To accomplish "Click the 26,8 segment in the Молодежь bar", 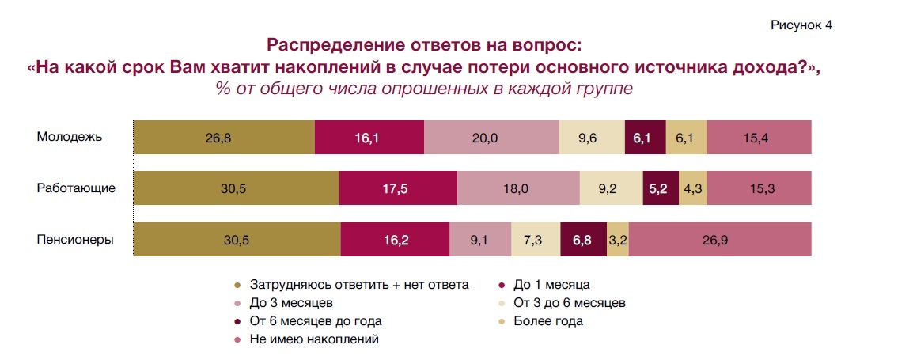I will (223, 138).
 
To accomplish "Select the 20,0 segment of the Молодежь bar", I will (491, 138).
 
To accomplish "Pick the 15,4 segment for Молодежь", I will (759, 138).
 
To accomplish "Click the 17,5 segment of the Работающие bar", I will (398, 188).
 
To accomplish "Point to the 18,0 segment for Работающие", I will (518, 188).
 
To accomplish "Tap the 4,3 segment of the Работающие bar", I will (693, 188).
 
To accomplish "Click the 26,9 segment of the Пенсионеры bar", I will (720, 239).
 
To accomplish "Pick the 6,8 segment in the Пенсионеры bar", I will (583, 239).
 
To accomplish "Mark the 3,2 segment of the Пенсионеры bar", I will (618, 239).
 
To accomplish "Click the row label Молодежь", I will (70, 138).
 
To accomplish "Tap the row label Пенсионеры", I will (74, 239).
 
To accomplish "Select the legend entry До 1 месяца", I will (551, 283).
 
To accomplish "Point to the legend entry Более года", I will (547, 321).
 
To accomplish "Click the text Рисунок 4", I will (801, 25).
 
